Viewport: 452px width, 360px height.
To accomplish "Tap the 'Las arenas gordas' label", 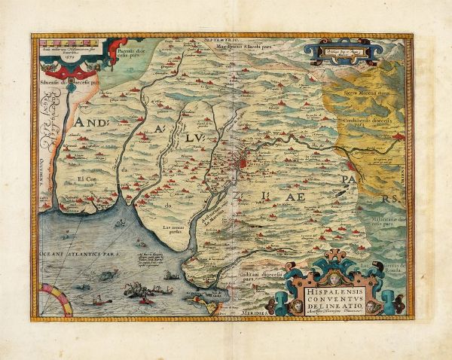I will point(173,227).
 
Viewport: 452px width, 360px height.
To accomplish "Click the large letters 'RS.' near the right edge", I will point(387,197).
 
